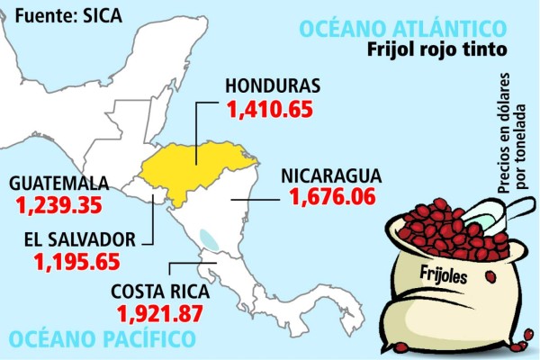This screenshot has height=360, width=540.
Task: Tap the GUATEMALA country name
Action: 58,183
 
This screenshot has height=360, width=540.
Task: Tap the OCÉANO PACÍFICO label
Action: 101,339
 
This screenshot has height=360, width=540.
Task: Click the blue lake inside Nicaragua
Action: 209,239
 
